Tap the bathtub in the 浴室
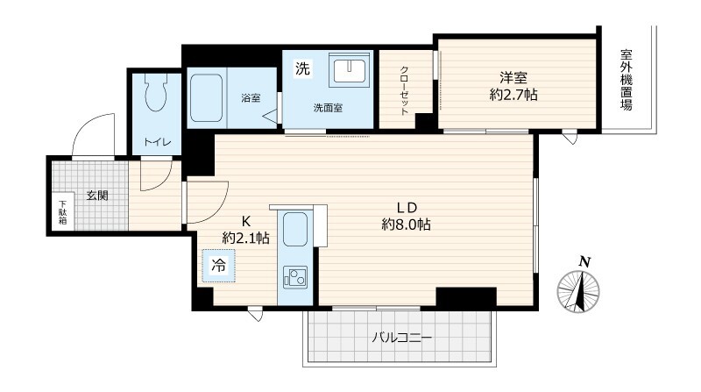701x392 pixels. click(206, 97)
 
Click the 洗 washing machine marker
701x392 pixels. click(302, 68)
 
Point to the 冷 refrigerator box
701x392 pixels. click(218, 266)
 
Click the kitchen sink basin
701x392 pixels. click(295, 226)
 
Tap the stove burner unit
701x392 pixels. click(295, 277)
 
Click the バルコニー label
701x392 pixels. click(402, 338)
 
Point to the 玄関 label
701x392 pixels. click(97, 195)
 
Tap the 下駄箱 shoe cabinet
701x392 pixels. click(63, 212)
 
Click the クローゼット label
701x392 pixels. click(404, 91)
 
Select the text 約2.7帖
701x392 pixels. click(513, 95)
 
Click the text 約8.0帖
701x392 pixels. click(406, 225)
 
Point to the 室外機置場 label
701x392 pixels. click(626, 80)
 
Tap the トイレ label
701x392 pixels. click(157, 142)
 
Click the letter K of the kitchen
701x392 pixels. click(246, 221)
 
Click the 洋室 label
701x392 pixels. click(513, 78)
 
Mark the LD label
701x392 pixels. click(407, 208)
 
